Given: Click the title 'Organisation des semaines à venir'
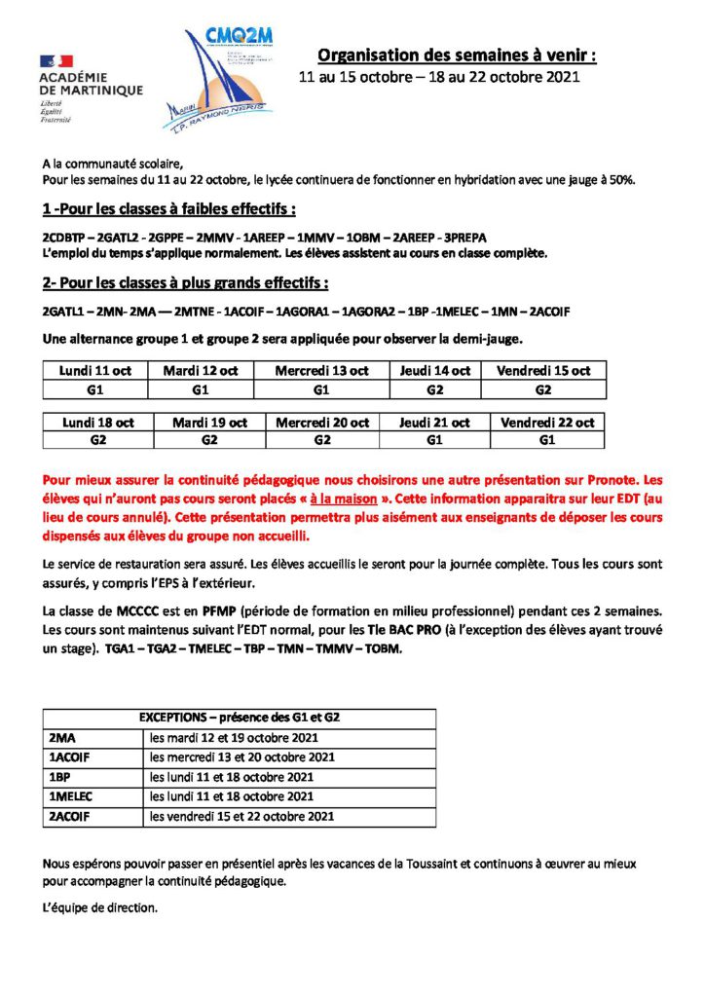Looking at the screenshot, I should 457,56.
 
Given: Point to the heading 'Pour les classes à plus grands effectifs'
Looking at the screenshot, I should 185,283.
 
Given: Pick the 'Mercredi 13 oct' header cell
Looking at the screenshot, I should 321,371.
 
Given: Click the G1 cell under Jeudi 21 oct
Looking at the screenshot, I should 434,440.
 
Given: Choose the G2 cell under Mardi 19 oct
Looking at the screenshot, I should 209,440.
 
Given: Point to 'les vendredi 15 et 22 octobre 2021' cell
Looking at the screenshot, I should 242,815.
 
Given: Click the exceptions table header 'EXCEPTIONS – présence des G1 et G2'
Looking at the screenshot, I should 239,718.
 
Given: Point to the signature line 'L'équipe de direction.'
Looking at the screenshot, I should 100,907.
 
